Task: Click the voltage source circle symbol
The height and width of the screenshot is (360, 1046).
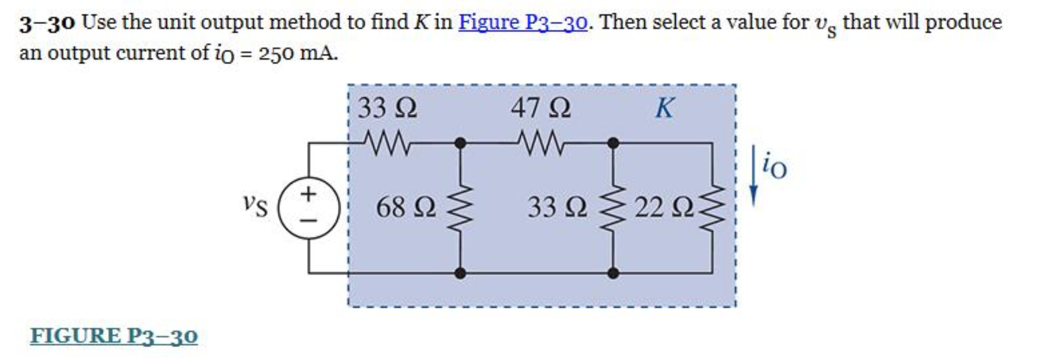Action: pos(309,207)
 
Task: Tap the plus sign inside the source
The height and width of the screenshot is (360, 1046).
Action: pos(309,194)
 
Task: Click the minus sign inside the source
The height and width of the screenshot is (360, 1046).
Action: pos(309,220)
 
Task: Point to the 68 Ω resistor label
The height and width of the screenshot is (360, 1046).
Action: pos(406,207)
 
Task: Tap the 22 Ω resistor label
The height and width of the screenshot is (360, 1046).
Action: pos(664,207)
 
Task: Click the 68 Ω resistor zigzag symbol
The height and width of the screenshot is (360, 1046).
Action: pos(460,208)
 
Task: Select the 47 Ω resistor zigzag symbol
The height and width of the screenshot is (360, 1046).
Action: pos(540,143)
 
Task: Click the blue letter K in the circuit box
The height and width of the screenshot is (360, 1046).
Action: pos(664,108)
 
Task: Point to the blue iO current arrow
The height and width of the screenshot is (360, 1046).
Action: pos(753,175)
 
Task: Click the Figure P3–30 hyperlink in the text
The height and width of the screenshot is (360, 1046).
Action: pos(522,23)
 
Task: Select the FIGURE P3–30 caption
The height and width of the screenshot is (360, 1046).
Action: pos(114,336)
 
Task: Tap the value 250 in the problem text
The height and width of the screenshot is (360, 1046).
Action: pos(276,54)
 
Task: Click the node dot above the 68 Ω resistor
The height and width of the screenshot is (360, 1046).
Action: pos(460,143)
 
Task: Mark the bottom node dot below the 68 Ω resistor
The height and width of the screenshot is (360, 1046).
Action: pos(460,273)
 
